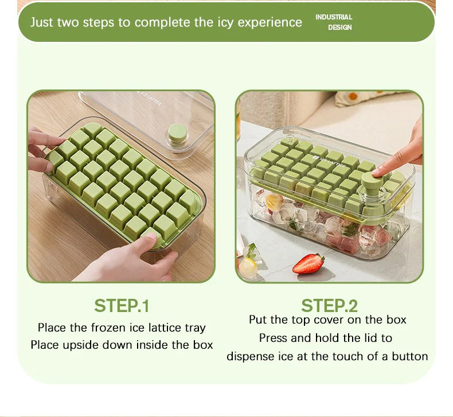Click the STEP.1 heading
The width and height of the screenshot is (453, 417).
tap(122, 306)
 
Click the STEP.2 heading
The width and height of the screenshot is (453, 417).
tap(329, 306)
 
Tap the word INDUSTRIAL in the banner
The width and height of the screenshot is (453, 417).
tap(334, 17)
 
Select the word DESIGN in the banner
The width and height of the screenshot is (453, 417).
tap(339, 28)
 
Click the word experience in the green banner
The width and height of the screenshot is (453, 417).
tap(270, 22)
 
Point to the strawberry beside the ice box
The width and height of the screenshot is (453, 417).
tap(308, 263)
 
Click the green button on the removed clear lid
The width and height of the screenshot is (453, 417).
tap(177, 133)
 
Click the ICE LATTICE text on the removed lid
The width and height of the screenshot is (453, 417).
tap(150, 98)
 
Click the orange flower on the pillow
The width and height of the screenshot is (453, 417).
tap(353, 96)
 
